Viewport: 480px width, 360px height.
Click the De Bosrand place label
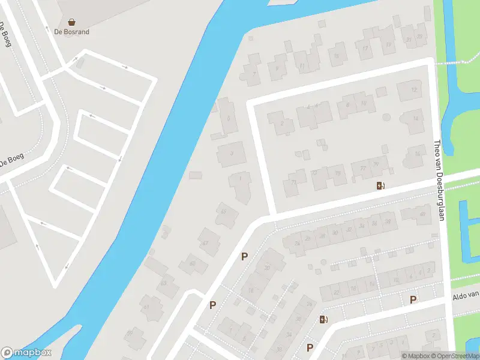[x=71, y=32]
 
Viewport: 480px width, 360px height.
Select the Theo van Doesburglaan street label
[x=439, y=180]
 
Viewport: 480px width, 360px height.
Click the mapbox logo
[x=26, y=353]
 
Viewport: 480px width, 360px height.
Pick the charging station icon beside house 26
[x=324, y=319]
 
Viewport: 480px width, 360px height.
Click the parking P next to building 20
[x=244, y=257]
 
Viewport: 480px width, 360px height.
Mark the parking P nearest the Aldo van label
[x=413, y=299]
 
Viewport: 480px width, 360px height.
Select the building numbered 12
[x=413, y=90]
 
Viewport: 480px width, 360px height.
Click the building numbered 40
[x=422, y=214]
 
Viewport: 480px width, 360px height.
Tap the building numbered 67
[x=205, y=242]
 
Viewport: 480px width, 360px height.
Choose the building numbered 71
[x=293, y=182]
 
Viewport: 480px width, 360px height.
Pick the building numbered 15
[x=336, y=56]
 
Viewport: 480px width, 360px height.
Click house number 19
[x=389, y=44]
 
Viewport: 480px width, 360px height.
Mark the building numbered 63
[x=163, y=283]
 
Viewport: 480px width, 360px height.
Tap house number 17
[x=364, y=49]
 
